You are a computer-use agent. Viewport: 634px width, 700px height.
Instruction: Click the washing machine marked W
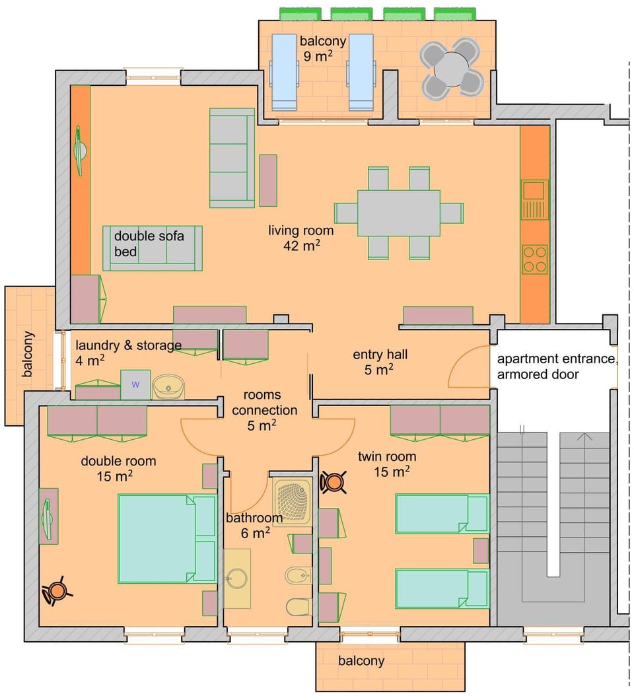(135, 384)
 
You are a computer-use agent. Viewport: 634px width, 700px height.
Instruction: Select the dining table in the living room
(399, 213)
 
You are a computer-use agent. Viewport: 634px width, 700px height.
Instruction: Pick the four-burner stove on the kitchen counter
(534, 259)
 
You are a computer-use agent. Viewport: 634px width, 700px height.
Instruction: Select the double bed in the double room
(166, 538)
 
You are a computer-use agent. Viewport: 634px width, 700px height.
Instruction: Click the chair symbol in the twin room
(334, 482)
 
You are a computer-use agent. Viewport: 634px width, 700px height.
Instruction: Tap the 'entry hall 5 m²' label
(380, 362)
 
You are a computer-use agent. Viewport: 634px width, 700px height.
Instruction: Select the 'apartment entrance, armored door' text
(557, 367)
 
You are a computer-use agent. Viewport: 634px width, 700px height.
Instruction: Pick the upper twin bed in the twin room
(441, 513)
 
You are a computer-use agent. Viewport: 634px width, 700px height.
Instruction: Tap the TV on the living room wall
(79, 151)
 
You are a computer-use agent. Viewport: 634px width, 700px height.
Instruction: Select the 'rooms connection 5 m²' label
(262, 410)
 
